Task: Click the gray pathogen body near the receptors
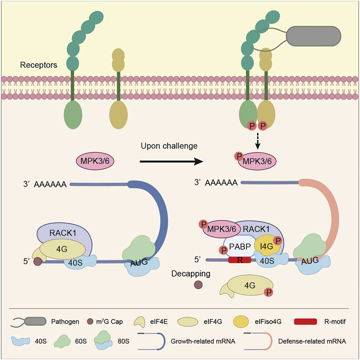pyautogui.click(x=313, y=36)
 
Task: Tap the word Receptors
pyautogui.click(x=38, y=65)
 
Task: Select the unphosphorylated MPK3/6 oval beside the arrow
pyautogui.click(x=95, y=161)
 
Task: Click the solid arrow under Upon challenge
pyautogui.click(x=171, y=161)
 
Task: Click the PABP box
pyautogui.click(x=240, y=246)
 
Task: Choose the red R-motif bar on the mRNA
pyautogui.click(x=240, y=260)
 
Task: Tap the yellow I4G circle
pyautogui.click(x=267, y=246)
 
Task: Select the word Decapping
pyautogui.click(x=191, y=274)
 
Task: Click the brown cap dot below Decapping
pyautogui.click(x=198, y=285)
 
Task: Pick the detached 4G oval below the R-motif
pyautogui.click(x=249, y=285)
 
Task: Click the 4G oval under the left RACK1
pyautogui.click(x=62, y=249)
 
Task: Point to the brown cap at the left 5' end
pyautogui.click(x=38, y=262)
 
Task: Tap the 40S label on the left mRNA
pyautogui.click(x=75, y=262)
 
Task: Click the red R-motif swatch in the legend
pyautogui.click(x=305, y=322)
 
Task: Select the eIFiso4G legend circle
pyautogui.click(x=240, y=322)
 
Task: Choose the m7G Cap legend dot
pyautogui.click(x=90, y=322)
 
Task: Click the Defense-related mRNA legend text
pyautogui.click(x=312, y=341)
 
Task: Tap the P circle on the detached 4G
pyautogui.click(x=268, y=292)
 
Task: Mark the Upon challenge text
pyautogui.click(x=169, y=146)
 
